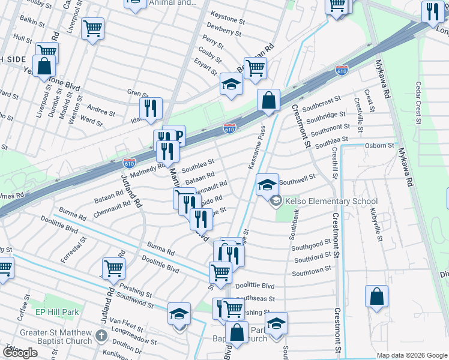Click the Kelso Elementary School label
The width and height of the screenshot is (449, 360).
tap(331, 202)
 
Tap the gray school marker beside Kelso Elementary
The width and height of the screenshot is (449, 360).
tap(276, 202)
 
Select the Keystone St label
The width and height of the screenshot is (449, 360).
tap(228, 19)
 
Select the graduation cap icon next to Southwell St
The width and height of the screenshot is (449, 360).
tap(267, 184)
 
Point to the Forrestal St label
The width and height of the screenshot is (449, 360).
tap(73, 248)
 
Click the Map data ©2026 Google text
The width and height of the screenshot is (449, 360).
tap(411, 355)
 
